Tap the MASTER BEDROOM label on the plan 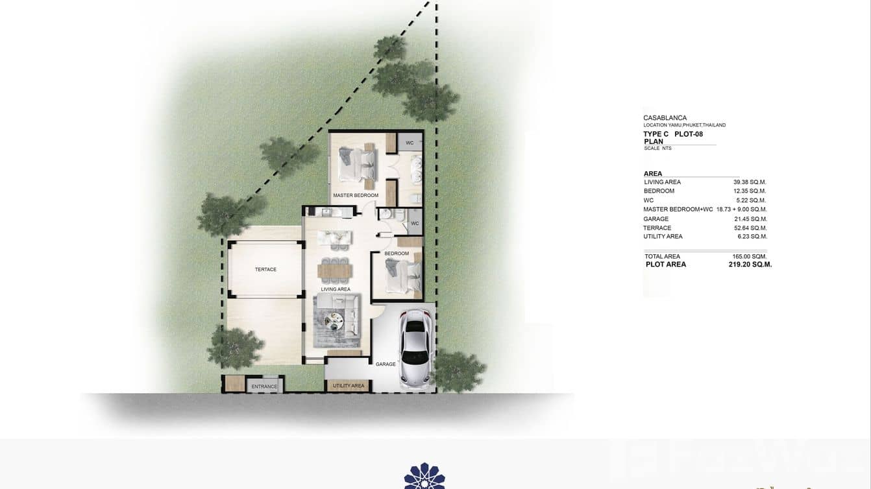coord(356,195)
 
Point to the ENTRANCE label coord(264,387)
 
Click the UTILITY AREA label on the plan coord(349,386)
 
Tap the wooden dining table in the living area coord(335,268)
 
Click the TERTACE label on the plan coord(265,269)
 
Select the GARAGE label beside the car coord(386,364)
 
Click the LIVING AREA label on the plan coord(336,289)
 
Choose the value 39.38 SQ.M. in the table coord(750,182)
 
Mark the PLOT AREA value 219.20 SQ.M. coord(750,265)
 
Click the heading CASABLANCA coord(665,118)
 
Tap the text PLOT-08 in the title coord(689,134)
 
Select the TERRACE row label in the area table coord(657,228)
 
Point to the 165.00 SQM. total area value coord(749,256)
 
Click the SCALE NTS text coord(657,149)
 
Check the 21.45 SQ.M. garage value coord(750,219)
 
